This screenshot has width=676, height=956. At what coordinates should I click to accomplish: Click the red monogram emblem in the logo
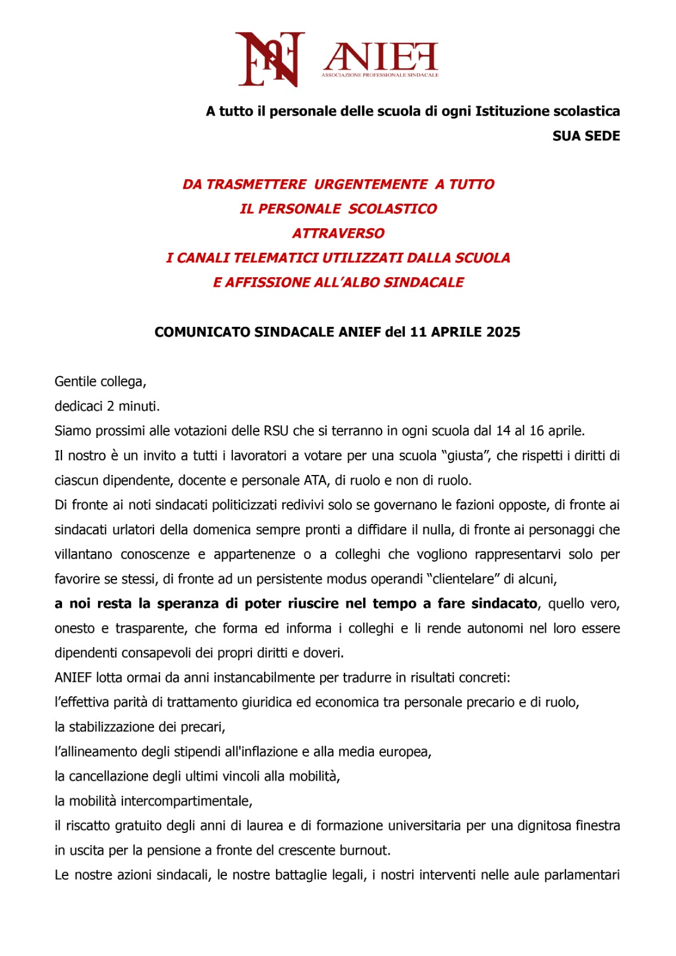[x=270, y=59]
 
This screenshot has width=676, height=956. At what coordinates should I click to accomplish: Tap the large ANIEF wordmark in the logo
[x=381, y=56]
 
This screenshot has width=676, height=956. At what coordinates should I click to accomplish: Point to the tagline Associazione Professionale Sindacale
[x=380, y=75]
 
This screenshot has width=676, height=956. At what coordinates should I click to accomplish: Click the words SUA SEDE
[x=586, y=136]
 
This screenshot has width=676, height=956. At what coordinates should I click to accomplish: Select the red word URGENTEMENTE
[x=371, y=184]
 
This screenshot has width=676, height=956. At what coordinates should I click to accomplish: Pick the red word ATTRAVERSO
[x=338, y=233]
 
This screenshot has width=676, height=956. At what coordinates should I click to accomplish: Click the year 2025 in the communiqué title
[x=503, y=332]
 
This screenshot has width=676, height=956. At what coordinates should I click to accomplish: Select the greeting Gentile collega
[x=100, y=381]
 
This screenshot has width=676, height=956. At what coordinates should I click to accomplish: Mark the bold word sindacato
[x=504, y=603]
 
